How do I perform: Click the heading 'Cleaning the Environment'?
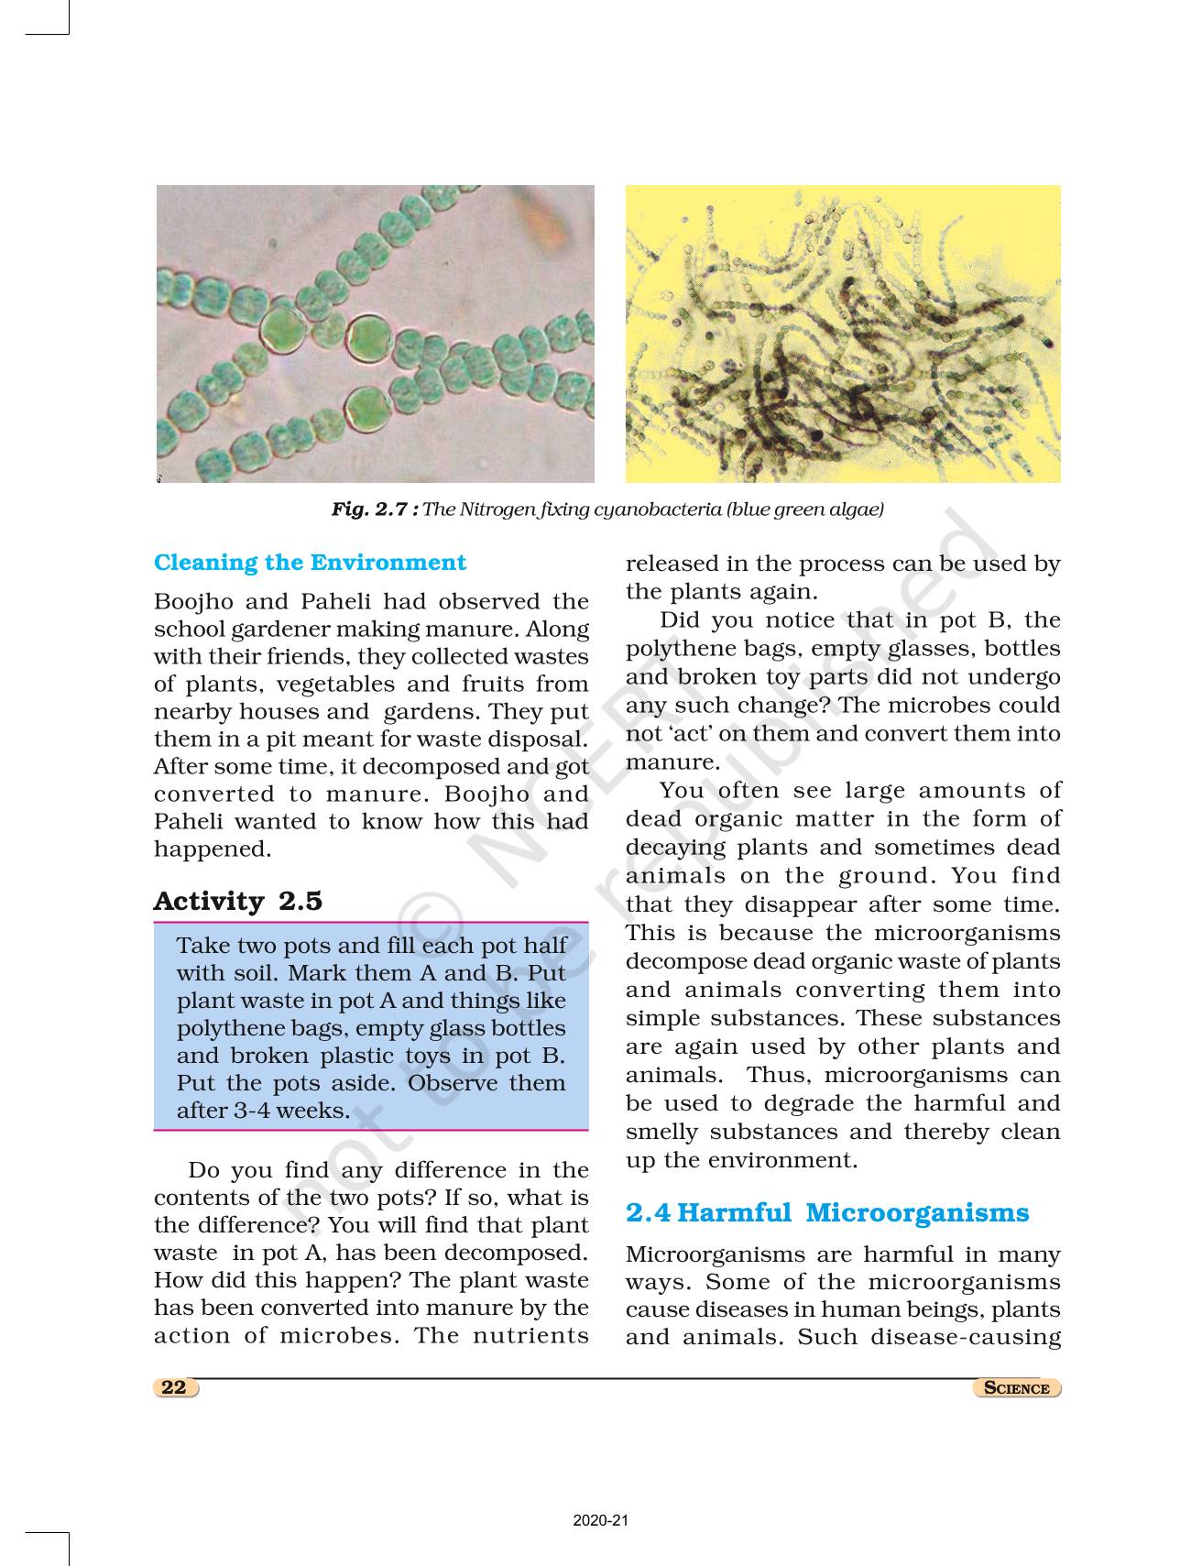pos(310,562)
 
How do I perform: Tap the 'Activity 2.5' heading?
pos(237,901)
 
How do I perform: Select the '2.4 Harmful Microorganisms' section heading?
pos(826,1212)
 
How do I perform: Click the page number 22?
pos(174,1387)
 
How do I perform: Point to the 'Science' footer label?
pos(1016,1388)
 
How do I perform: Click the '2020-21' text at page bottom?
pos(601,1521)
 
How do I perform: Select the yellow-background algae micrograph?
pos(843,334)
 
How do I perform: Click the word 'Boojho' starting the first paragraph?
pos(191,601)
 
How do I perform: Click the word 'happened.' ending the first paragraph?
pos(213,849)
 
